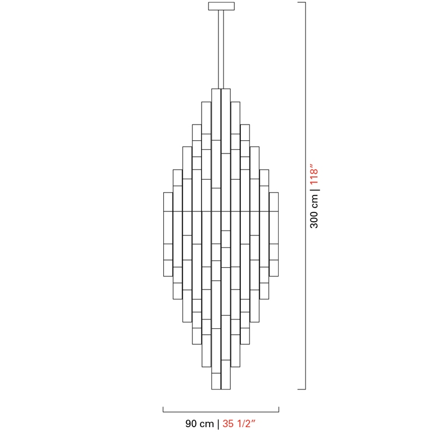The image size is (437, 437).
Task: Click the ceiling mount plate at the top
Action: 221,6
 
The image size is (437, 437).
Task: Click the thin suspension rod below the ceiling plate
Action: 221,49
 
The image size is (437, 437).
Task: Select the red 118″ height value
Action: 314,176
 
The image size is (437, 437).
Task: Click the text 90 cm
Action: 199,424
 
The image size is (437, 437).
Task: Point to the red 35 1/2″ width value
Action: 239,424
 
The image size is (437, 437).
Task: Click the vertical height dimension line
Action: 305,196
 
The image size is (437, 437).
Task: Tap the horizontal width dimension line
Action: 221,412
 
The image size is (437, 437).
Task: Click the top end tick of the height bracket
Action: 302,3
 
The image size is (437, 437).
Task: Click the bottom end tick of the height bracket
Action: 302,389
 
